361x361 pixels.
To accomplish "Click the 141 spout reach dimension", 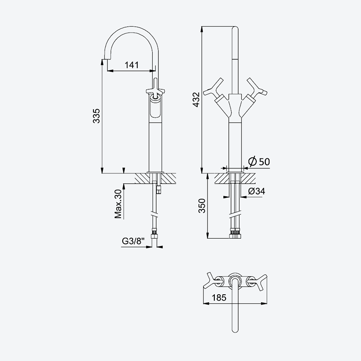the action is tap(132, 65).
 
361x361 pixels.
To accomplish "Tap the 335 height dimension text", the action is tap(97, 116).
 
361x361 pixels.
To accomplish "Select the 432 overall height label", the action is tap(196, 99).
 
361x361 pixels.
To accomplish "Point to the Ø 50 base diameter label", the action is tap(259, 162).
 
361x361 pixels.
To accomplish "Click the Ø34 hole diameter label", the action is tap(256, 191).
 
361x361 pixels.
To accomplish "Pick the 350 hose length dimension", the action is tap(202, 206).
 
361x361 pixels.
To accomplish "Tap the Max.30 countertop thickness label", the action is tap(118, 204).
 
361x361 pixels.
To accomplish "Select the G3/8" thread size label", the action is tap(133, 241).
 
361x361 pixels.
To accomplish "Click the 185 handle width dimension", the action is tap(219, 297).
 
